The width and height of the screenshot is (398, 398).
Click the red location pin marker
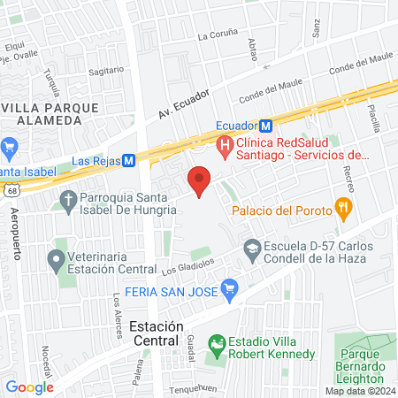click(x=199, y=180)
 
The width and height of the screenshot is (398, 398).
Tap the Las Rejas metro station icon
click(x=129, y=160)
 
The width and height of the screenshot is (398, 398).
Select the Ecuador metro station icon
click(x=266, y=126)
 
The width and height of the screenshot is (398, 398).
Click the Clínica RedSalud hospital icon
click(x=225, y=143)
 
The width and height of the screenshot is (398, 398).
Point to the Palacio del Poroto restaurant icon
click(x=344, y=210)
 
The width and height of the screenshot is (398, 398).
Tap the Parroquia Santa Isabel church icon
click(x=68, y=201)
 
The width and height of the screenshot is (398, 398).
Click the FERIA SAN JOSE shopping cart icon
click(x=230, y=287)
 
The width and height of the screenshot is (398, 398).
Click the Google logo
click(x=30, y=387)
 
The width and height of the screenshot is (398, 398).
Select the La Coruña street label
click(x=218, y=36)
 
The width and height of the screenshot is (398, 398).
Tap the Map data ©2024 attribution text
click(x=359, y=390)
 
